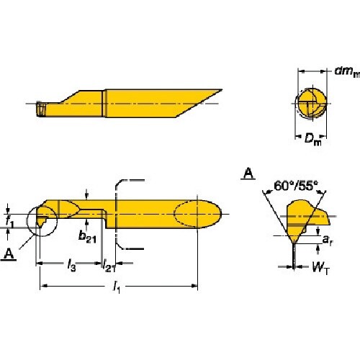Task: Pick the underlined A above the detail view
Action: [x=248, y=173]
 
